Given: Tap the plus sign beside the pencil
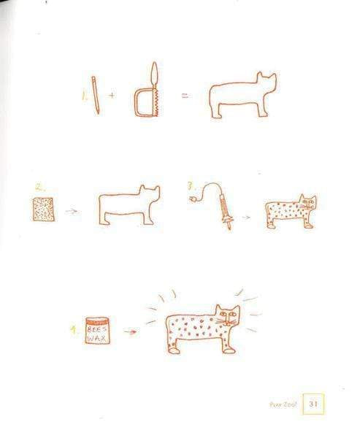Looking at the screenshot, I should click(x=112, y=96).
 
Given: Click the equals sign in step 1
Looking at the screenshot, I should click(x=184, y=96).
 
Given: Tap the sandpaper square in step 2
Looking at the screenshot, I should click(x=43, y=210).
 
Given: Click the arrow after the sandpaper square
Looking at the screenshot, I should click(x=72, y=212).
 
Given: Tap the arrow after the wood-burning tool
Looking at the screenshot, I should click(x=247, y=217).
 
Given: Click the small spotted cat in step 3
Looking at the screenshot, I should click(x=289, y=212).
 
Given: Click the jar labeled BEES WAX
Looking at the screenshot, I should click(x=97, y=331).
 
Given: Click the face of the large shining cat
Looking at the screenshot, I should click(x=228, y=316).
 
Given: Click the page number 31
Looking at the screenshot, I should click(x=314, y=404).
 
